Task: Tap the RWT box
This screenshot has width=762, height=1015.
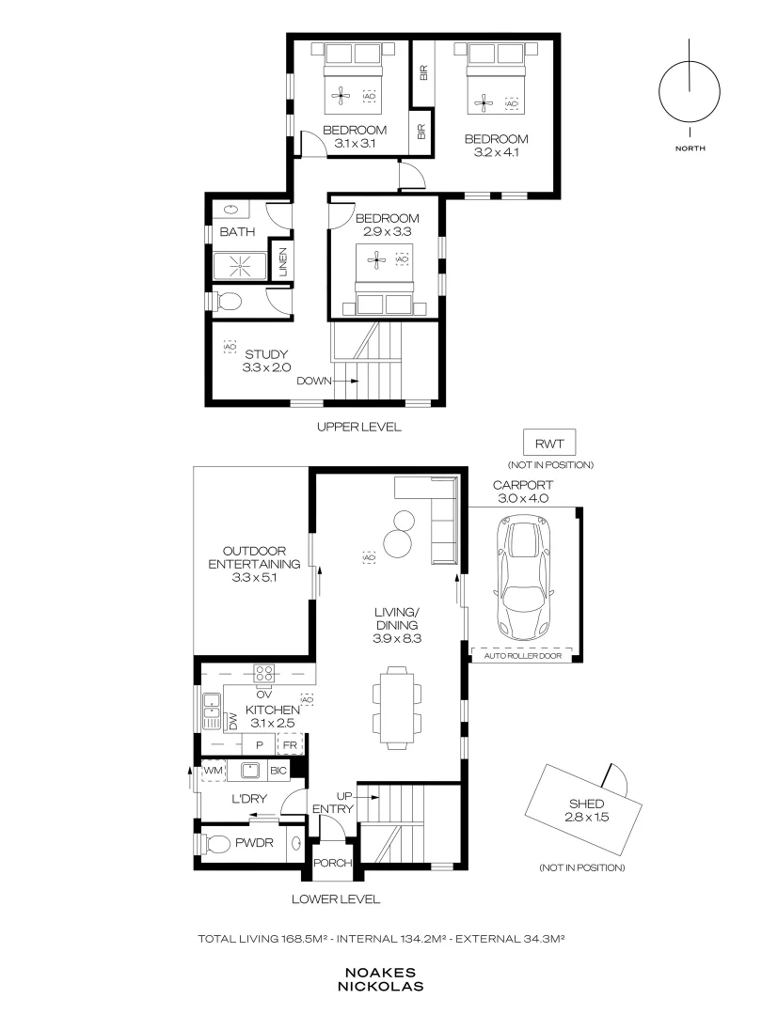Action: [549, 444]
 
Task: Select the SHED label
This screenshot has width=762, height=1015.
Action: [586, 804]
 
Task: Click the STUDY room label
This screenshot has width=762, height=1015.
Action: [266, 354]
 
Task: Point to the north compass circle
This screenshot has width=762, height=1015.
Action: [690, 91]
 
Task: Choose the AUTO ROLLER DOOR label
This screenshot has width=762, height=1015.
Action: [523, 656]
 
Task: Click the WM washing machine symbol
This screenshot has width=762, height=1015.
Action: [214, 771]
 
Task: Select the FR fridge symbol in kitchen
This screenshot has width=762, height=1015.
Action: [291, 745]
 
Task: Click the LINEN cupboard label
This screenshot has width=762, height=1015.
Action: [283, 262]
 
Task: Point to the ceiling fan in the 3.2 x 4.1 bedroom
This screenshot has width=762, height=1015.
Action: [484, 101]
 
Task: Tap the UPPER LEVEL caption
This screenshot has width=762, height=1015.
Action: [359, 427]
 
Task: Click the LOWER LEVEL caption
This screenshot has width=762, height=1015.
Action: [336, 898]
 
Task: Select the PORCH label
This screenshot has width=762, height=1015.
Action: [332, 863]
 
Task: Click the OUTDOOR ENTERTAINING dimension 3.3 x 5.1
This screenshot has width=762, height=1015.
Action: [254, 577]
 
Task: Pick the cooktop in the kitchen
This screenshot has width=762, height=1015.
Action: [263, 673]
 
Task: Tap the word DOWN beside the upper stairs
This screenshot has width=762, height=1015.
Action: [314, 381]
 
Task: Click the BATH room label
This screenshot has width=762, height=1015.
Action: [237, 232]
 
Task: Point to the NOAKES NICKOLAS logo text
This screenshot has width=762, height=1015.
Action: [380, 980]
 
